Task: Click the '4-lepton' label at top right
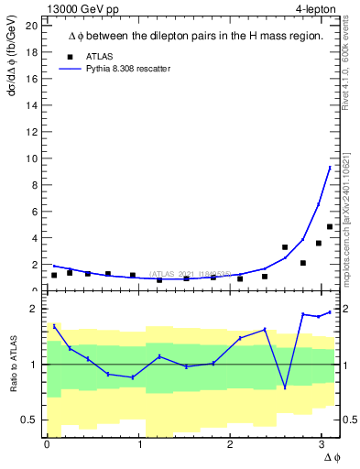coord(318,8)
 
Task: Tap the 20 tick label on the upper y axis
coord(31,26)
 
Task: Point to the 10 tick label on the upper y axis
coord(31,158)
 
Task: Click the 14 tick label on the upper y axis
coord(31,105)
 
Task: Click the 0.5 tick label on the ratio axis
coord(27,420)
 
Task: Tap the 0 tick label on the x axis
coord(47,445)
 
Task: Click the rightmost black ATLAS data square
coord(330,226)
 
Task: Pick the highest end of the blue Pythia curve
coord(330,167)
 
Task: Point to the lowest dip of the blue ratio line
coord(285,387)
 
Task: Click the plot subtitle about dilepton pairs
coord(195,37)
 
